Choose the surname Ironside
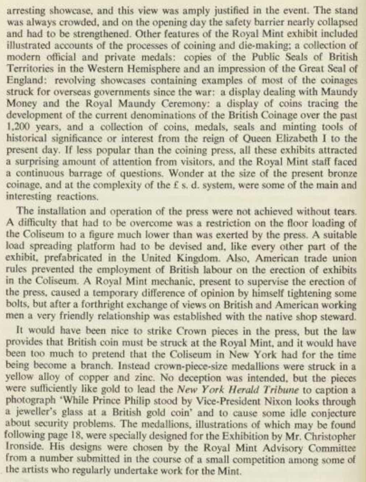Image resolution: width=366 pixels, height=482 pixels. tap(21, 448)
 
